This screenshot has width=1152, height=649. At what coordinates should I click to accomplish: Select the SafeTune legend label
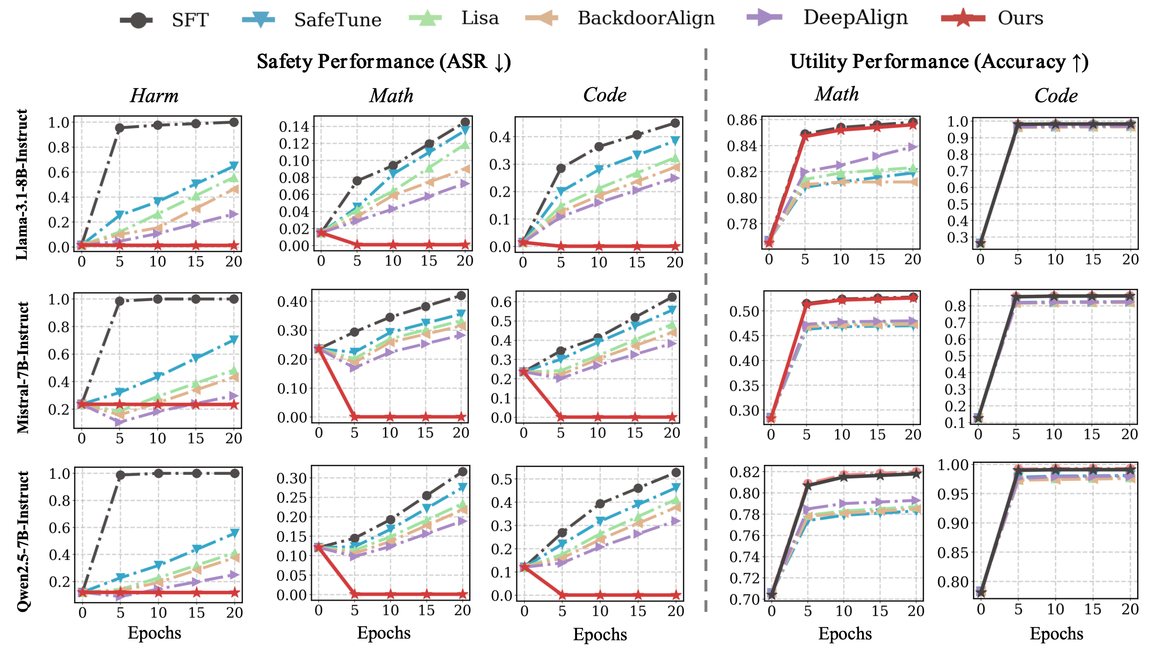[x=338, y=20]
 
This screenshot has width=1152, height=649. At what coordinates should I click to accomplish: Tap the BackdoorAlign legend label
[x=646, y=18]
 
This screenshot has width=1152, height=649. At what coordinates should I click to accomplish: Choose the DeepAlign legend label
[x=855, y=18]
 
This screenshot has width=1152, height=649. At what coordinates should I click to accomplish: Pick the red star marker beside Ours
[x=963, y=18]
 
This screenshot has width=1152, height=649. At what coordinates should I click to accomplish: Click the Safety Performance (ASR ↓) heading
[x=384, y=62]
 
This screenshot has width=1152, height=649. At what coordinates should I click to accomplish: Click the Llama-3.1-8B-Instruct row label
[x=21, y=184]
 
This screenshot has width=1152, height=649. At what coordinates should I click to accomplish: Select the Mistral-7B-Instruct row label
[x=23, y=367]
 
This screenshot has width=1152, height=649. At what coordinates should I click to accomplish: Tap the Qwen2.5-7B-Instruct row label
[x=23, y=541]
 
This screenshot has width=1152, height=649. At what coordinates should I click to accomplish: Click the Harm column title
[x=154, y=96]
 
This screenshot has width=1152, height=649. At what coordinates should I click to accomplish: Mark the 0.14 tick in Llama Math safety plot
[x=294, y=126]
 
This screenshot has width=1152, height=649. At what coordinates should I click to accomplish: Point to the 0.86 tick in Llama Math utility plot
[x=742, y=120]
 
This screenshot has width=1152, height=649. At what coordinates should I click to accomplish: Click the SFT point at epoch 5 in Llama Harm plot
[x=119, y=128]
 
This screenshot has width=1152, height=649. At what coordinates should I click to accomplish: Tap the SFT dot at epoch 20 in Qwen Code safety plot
[x=676, y=473]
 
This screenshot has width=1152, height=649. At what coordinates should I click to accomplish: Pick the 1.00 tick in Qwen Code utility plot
[x=953, y=465]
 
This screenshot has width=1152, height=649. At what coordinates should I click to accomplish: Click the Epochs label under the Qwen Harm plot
[x=154, y=633]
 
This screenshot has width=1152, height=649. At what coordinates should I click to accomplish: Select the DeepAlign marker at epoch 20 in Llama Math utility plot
[x=913, y=147]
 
